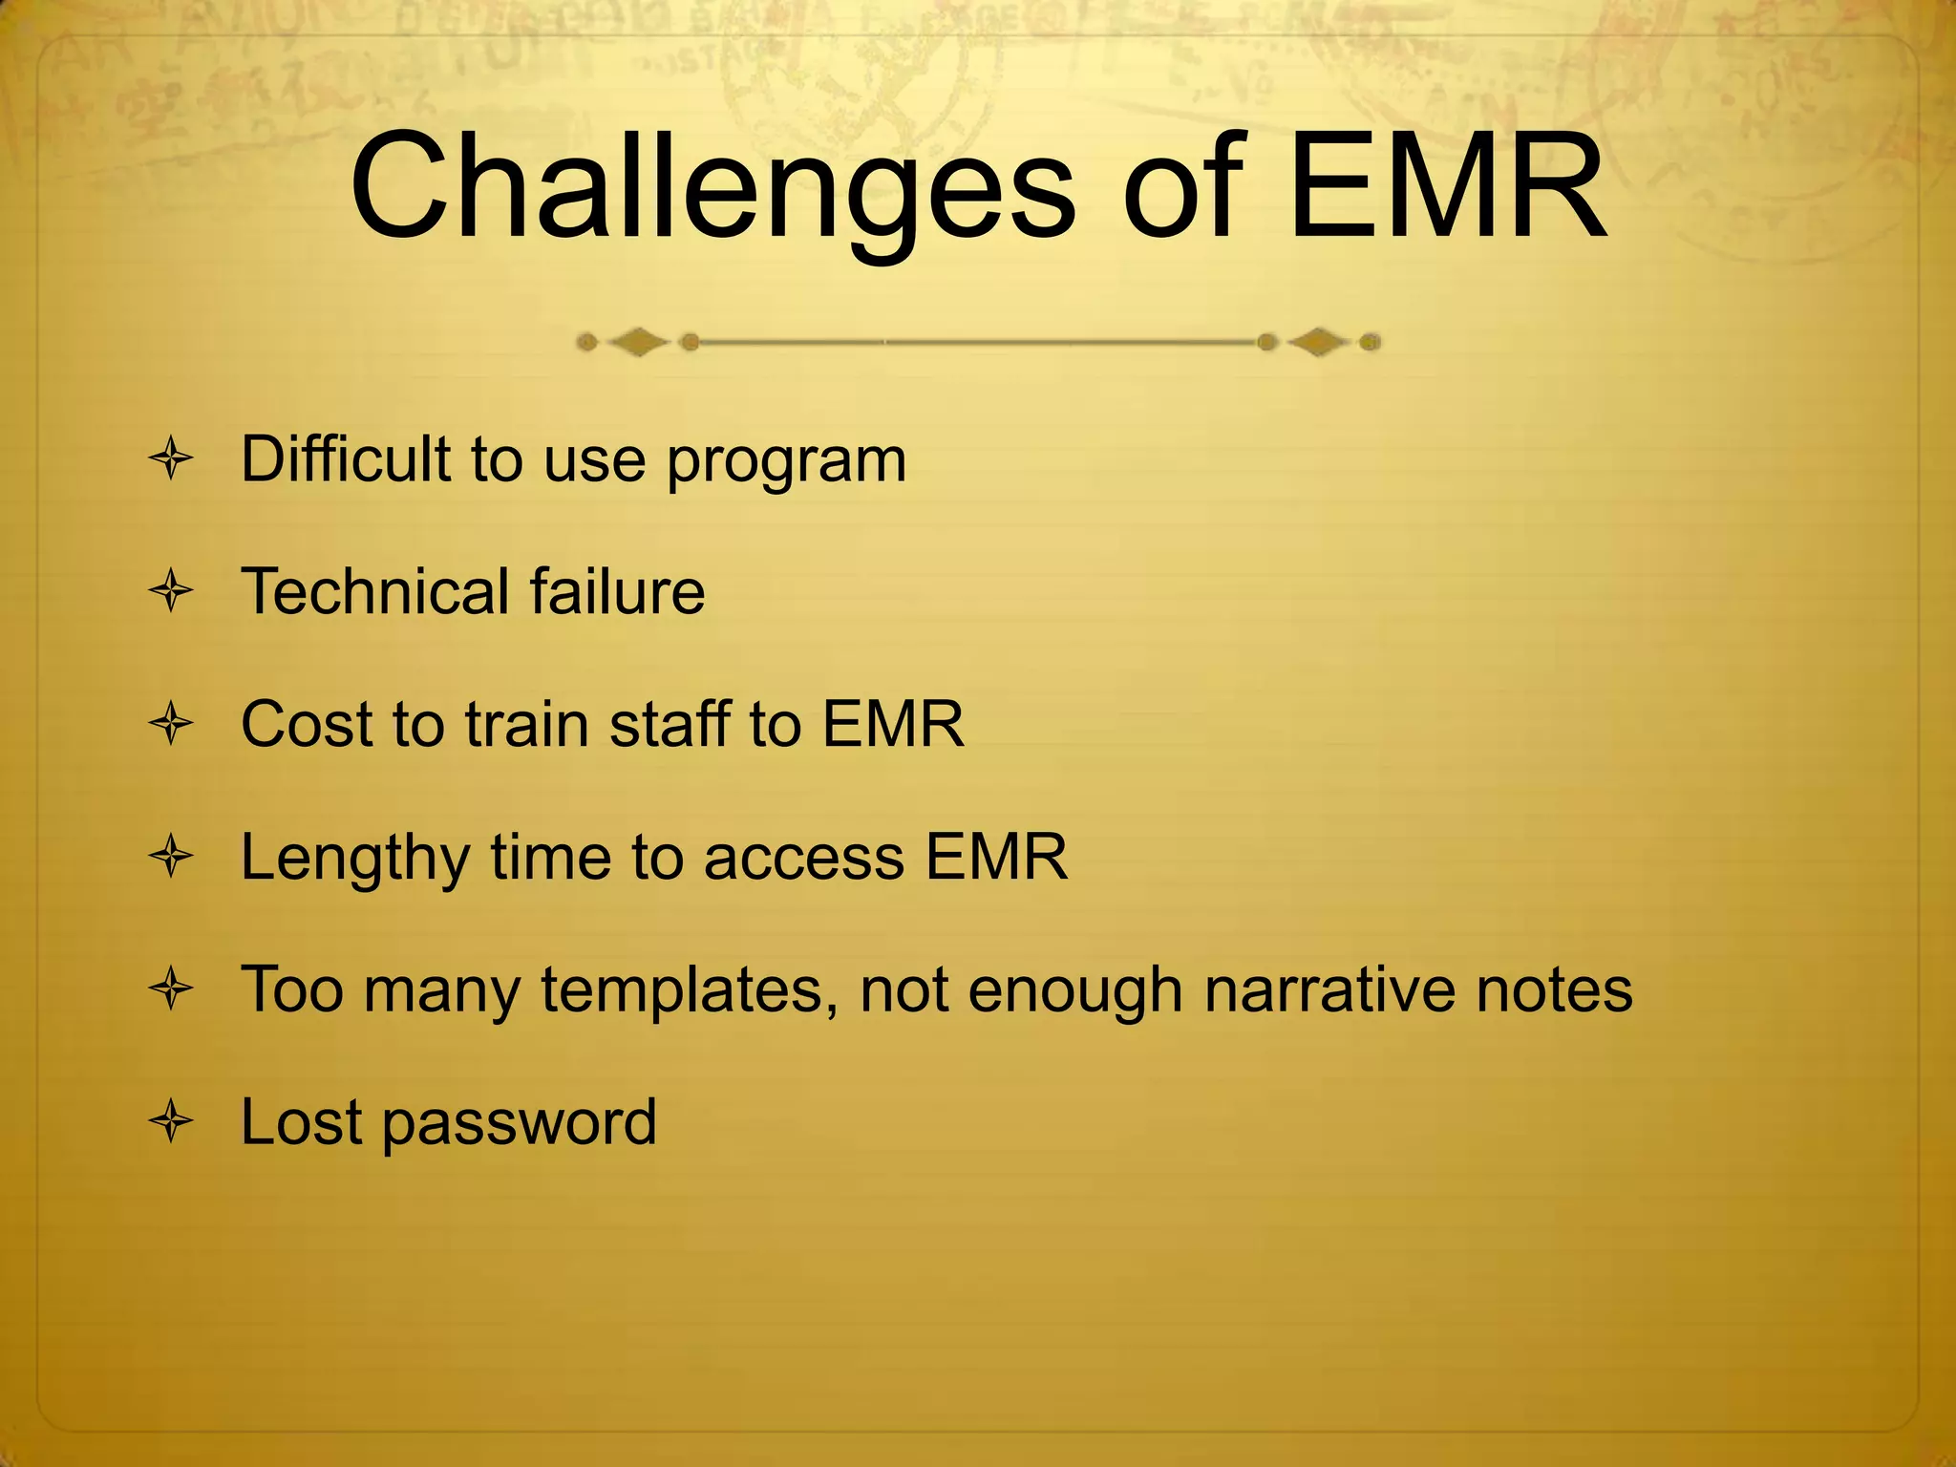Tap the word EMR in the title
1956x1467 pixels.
[1446, 187]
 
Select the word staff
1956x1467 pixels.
[670, 724]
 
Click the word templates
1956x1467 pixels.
[690, 991]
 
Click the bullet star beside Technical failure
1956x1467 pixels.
[172, 591]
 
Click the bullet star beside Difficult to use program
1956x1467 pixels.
[172, 459]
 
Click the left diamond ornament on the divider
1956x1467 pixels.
[638, 342]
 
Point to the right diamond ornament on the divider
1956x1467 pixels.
[1319, 342]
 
